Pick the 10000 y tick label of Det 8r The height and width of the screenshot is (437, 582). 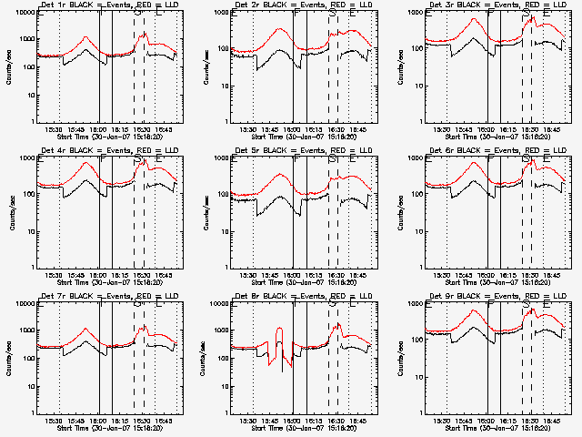pyautogui.click(x=216, y=303)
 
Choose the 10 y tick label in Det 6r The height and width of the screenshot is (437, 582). pyautogui.click(x=416, y=231)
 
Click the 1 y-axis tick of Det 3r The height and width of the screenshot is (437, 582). pyautogui.click(x=420, y=121)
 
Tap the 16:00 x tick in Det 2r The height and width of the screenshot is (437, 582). pyautogui.click(x=294, y=129)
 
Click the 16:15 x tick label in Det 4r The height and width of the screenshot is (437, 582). pyautogui.click(x=119, y=275)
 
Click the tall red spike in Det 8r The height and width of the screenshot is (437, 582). pyautogui.click(x=279, y=330)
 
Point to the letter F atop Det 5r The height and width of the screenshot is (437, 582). pyautogui.click(x=296, y=159)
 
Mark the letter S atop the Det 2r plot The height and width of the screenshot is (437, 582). pyautogui.click(x=333, y=14)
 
